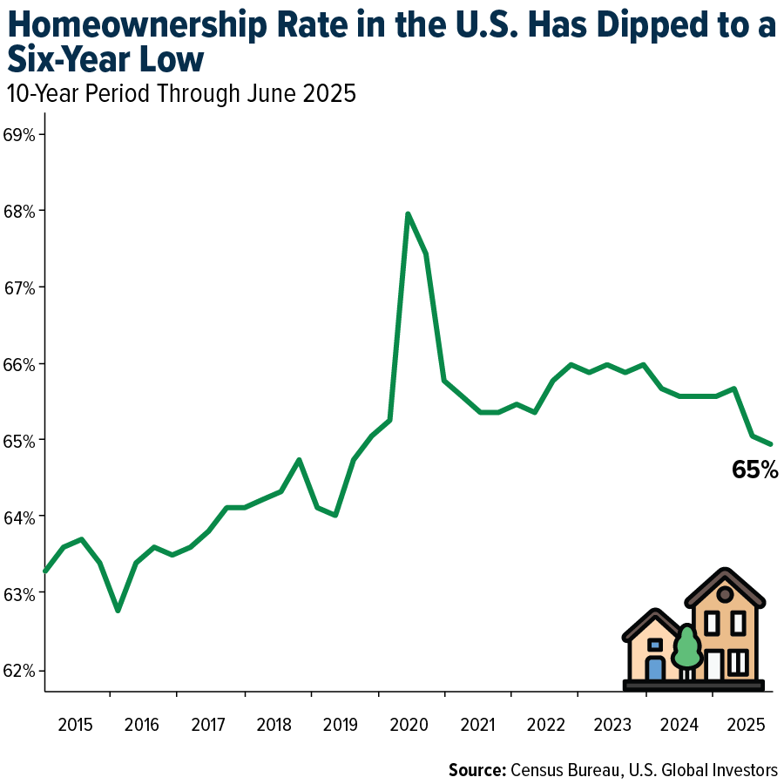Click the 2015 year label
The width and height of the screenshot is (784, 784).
(x=76, y=725)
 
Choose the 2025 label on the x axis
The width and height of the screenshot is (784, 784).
(x=746, y=725)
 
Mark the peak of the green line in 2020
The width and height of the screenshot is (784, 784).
(x=408, y=213)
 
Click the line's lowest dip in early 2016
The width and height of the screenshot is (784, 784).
(x=118, y=610)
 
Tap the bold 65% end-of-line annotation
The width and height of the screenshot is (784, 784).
(x=754, y=470)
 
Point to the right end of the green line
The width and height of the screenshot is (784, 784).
(x=771, y=443)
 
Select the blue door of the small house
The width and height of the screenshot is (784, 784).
(x=655, y=668)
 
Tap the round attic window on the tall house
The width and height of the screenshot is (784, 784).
(x=725, y=594)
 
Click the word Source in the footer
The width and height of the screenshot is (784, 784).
(x=476, y=769)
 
